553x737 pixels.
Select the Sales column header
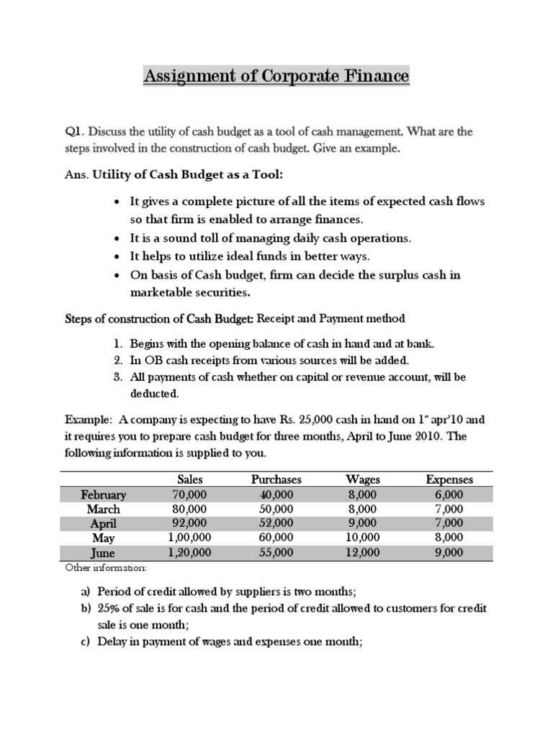[x=190, y=479]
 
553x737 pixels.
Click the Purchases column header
[x=276, y=479]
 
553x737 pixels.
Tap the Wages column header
[x=363, y=479]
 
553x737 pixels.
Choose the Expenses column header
[x=449, y=479]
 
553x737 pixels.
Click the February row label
[x=104, y=494]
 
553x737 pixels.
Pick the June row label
[x=103, y=553]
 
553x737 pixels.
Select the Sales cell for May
[x=189, y=538]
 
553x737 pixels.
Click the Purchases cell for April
[x=276, y=523]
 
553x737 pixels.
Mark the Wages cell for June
[x=363, y=553]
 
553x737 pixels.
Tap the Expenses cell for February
[x=449, y=494]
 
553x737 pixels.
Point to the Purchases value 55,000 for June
[x=276, y=553]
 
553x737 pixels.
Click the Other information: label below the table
[x=105, y=569]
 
